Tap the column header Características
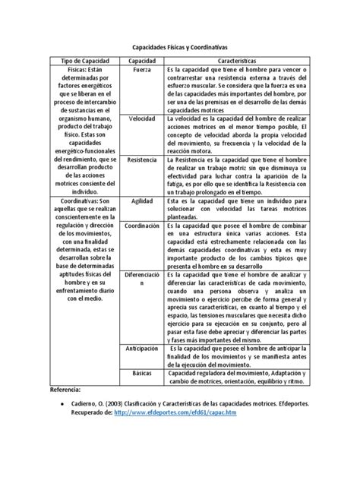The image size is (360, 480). pyautogui.click(x=242, y=59)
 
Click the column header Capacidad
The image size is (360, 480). pyautogui.click(x=142, y=59)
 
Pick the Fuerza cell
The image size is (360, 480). pyautogui.click(x=142, y=70)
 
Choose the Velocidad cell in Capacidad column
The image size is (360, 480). pyautogui.click(x=142, y=120)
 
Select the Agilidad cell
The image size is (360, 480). pyautogui.click(x=142, y=201)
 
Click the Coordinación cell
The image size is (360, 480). pyautogui.click(x=142, y=226)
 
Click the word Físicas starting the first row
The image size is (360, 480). pyautogui.click(x=68, y=70)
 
